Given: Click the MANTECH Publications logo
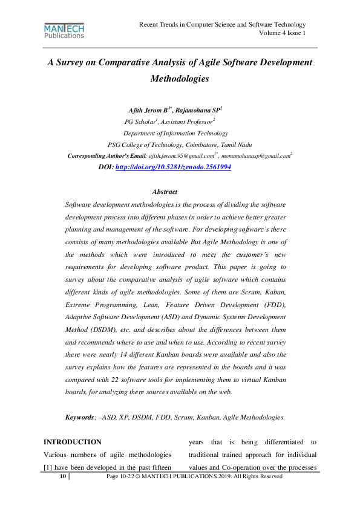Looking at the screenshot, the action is pyautogui.click(x=64, y=31).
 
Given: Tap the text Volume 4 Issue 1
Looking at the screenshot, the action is pyautogui.click(x=283, y=33).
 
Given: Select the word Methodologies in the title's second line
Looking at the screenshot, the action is pyautogui.click(x=180, y=79).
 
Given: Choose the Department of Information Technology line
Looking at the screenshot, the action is pyautogui.click(x=175, y=133).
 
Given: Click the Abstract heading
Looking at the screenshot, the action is pyautogui.click(x=165, y=192).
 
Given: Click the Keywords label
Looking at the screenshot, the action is pyautogui.click(x=81, y=418).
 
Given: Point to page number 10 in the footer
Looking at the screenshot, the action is pyautogui.click(x=62, y=477).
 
